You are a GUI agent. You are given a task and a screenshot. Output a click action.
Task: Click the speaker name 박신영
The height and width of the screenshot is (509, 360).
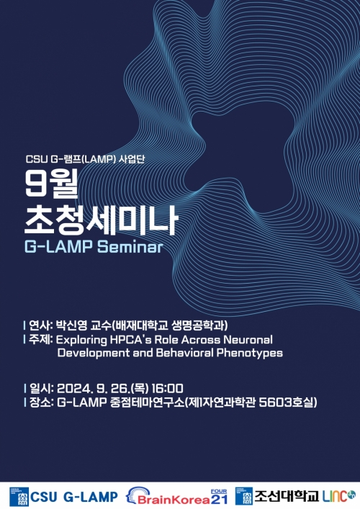click(71, 325)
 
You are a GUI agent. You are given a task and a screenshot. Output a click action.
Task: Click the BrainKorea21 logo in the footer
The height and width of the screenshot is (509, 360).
click(179, 496)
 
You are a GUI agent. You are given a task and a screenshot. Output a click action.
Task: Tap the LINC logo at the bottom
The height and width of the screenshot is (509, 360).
click(338, 495)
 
